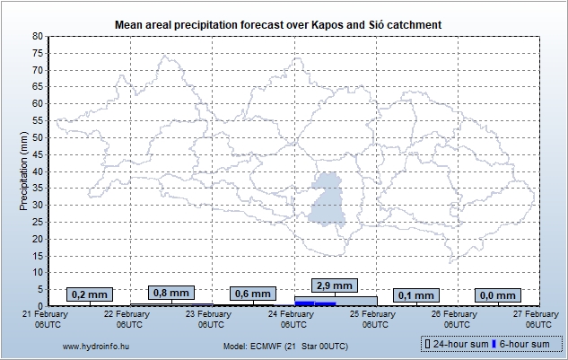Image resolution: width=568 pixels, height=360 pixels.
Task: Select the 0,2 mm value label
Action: [x=90, y=294]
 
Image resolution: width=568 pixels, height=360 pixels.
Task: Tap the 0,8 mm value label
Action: [x=170, y=293]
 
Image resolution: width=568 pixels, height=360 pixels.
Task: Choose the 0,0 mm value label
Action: [x=497, y=295]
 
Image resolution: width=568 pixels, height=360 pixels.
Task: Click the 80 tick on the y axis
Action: [x=38, y=36]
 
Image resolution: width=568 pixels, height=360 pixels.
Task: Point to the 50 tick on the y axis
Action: [x=38, y=137]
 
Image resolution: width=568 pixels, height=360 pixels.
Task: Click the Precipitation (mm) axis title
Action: [x=23, y=171]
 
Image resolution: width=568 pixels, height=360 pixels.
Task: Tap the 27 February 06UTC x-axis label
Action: [x=538, y=320]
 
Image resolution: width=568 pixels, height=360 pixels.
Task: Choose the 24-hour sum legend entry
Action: [x=454, y=344]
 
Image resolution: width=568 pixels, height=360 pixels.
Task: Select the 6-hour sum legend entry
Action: [x=524, y=344]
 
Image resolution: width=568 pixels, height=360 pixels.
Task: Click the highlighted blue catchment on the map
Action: [x=328, y=201]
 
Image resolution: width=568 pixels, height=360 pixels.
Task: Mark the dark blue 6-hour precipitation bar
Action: [x=315, y=303]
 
